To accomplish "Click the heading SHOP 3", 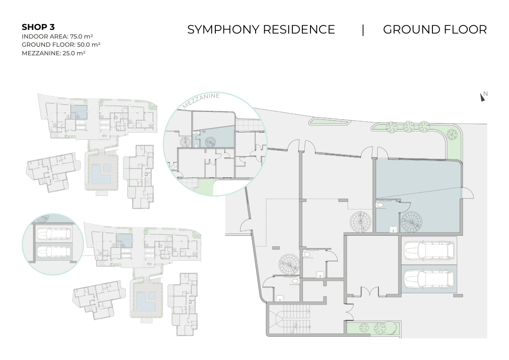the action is pos(38,27).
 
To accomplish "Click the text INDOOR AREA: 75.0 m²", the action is pos(57,36).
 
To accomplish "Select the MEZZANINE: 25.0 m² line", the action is pos(53,53).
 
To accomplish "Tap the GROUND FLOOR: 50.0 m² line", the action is pos(61,45).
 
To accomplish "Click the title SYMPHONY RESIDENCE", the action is pos(261,29).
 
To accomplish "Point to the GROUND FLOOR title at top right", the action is pos(435,29).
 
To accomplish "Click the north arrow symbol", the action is pos(482,97).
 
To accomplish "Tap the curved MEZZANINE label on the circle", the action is pos(201,100).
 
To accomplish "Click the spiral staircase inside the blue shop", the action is pos(412,222).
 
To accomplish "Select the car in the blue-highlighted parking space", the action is pos(429,279).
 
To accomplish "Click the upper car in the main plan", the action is pos(429,251).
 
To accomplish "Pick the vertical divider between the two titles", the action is pos(363,30).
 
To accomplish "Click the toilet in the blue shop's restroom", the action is pos(380,204).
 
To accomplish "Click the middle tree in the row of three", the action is pos(408,126).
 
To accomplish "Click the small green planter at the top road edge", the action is pos(330,122).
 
